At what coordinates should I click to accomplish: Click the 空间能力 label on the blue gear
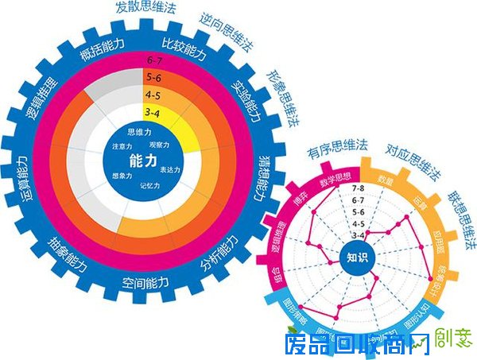click(x=145, y=283)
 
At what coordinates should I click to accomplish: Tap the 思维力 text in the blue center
click(x=140, y=132)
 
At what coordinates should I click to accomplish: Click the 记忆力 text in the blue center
click(x=149, y=186)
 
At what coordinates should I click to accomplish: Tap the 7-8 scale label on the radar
click(x=358, y=190)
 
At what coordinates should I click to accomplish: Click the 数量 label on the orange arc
click(x=385, y=180)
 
